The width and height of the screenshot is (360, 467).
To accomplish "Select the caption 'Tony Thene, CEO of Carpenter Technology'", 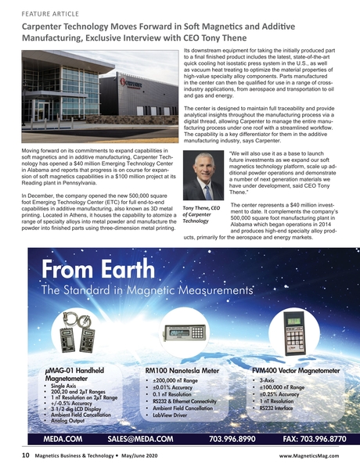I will [203, 215].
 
